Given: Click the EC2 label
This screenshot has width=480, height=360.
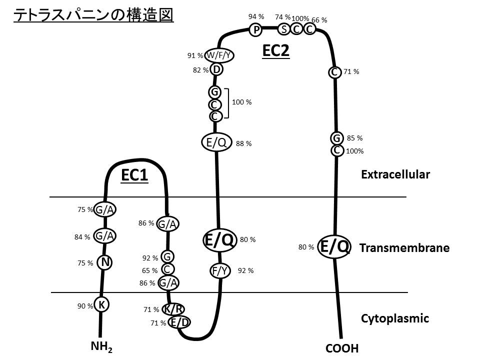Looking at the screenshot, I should point(276,50).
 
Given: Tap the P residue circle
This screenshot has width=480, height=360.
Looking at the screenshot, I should point(256,30).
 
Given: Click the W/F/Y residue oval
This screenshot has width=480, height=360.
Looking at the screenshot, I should point(219,55).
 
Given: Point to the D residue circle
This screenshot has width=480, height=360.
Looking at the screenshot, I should point(216,69).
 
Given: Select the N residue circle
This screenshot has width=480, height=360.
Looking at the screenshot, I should point(104,262).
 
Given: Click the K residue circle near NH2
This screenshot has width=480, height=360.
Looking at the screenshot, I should point(101,304).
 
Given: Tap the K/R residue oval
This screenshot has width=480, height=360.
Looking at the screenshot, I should point(173,309).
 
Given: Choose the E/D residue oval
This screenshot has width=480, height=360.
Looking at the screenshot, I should point(179,322).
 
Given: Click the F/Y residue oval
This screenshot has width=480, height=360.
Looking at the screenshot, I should point(221,271).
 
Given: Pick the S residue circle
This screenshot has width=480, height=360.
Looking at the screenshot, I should point(284,29).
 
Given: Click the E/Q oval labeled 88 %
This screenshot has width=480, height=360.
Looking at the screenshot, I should point(216,143).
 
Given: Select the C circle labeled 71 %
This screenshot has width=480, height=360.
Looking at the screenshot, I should point(334,72).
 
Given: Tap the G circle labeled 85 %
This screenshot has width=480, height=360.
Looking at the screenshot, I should point(336,138).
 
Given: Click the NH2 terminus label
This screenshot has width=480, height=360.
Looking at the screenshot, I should point(102,346).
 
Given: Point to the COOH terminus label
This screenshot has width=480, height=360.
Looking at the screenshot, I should point(342,348).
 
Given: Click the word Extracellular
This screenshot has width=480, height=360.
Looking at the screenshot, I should point(395,174).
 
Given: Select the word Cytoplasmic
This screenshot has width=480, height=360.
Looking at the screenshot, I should point(395,318).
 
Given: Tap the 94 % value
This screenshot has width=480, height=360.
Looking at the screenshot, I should point(256,16).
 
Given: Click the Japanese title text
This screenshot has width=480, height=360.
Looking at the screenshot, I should point(93,15).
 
